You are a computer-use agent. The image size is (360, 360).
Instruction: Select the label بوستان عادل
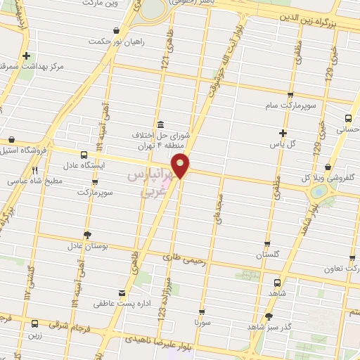point(86,246)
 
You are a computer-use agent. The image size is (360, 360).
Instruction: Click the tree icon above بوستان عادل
point(86,234)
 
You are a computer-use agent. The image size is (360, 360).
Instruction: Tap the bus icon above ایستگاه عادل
point(84,155)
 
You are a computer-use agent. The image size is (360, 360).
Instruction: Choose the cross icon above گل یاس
point(283,133)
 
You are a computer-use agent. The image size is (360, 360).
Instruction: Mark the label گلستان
point(268,254)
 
